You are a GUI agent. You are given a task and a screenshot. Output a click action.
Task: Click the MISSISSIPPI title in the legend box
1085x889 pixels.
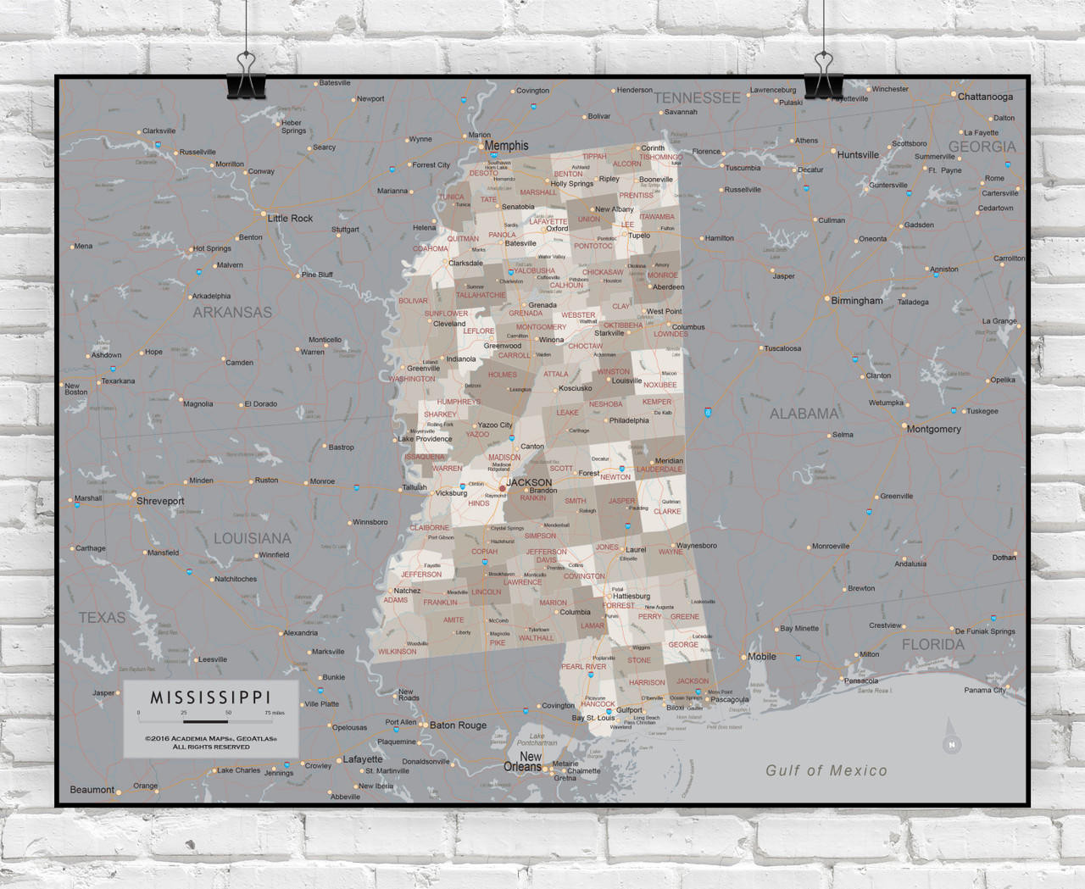pyautogui.click(x=210, y=697)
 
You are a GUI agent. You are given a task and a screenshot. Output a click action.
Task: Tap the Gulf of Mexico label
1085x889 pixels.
pyautogui.click(x=826, y=770)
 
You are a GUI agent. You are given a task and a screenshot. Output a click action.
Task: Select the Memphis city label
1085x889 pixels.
pyautogui.click(x=506, y=146)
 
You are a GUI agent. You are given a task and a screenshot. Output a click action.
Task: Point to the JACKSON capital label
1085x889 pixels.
pyautogui.click(x=529, y=482)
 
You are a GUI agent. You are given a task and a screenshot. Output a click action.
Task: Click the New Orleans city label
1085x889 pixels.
pyautogui.click(x=523, y=761)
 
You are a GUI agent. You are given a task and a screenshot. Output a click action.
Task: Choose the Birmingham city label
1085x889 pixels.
pyautogui.click(x=856, y=301)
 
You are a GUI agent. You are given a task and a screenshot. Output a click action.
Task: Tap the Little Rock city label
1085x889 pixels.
pyautogui.click(x=290, y=218)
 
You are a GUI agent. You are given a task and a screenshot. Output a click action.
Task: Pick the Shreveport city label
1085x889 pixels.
pyautogui.click(x=160, y=501)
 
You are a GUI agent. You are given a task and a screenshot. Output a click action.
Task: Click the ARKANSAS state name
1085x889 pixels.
pyautogui.click(x=232, y=312)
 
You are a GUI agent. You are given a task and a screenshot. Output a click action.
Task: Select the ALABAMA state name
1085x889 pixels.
pyautogui.click(x=804, y=414)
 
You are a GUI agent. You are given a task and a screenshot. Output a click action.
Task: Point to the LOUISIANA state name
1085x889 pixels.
pyautogui.click(x=252, y=538)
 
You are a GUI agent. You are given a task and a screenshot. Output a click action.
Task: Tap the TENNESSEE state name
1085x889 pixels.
pyautogui.click(x=697, y=97)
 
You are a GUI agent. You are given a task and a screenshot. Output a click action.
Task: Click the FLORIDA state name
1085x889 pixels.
pyautogui.click(x=932, y=644)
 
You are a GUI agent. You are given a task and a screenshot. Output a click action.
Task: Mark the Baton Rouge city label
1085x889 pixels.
pyautogui.click(x=458, y=725)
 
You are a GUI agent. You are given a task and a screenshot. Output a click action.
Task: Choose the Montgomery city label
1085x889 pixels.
pyautogui.click(x=933, y=429)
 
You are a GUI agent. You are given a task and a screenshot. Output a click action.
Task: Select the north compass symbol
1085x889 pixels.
pyautogui.click(x=951, y=739)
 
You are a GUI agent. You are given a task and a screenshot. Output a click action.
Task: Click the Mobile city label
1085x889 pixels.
pyautogui.click(x=761, y=657)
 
